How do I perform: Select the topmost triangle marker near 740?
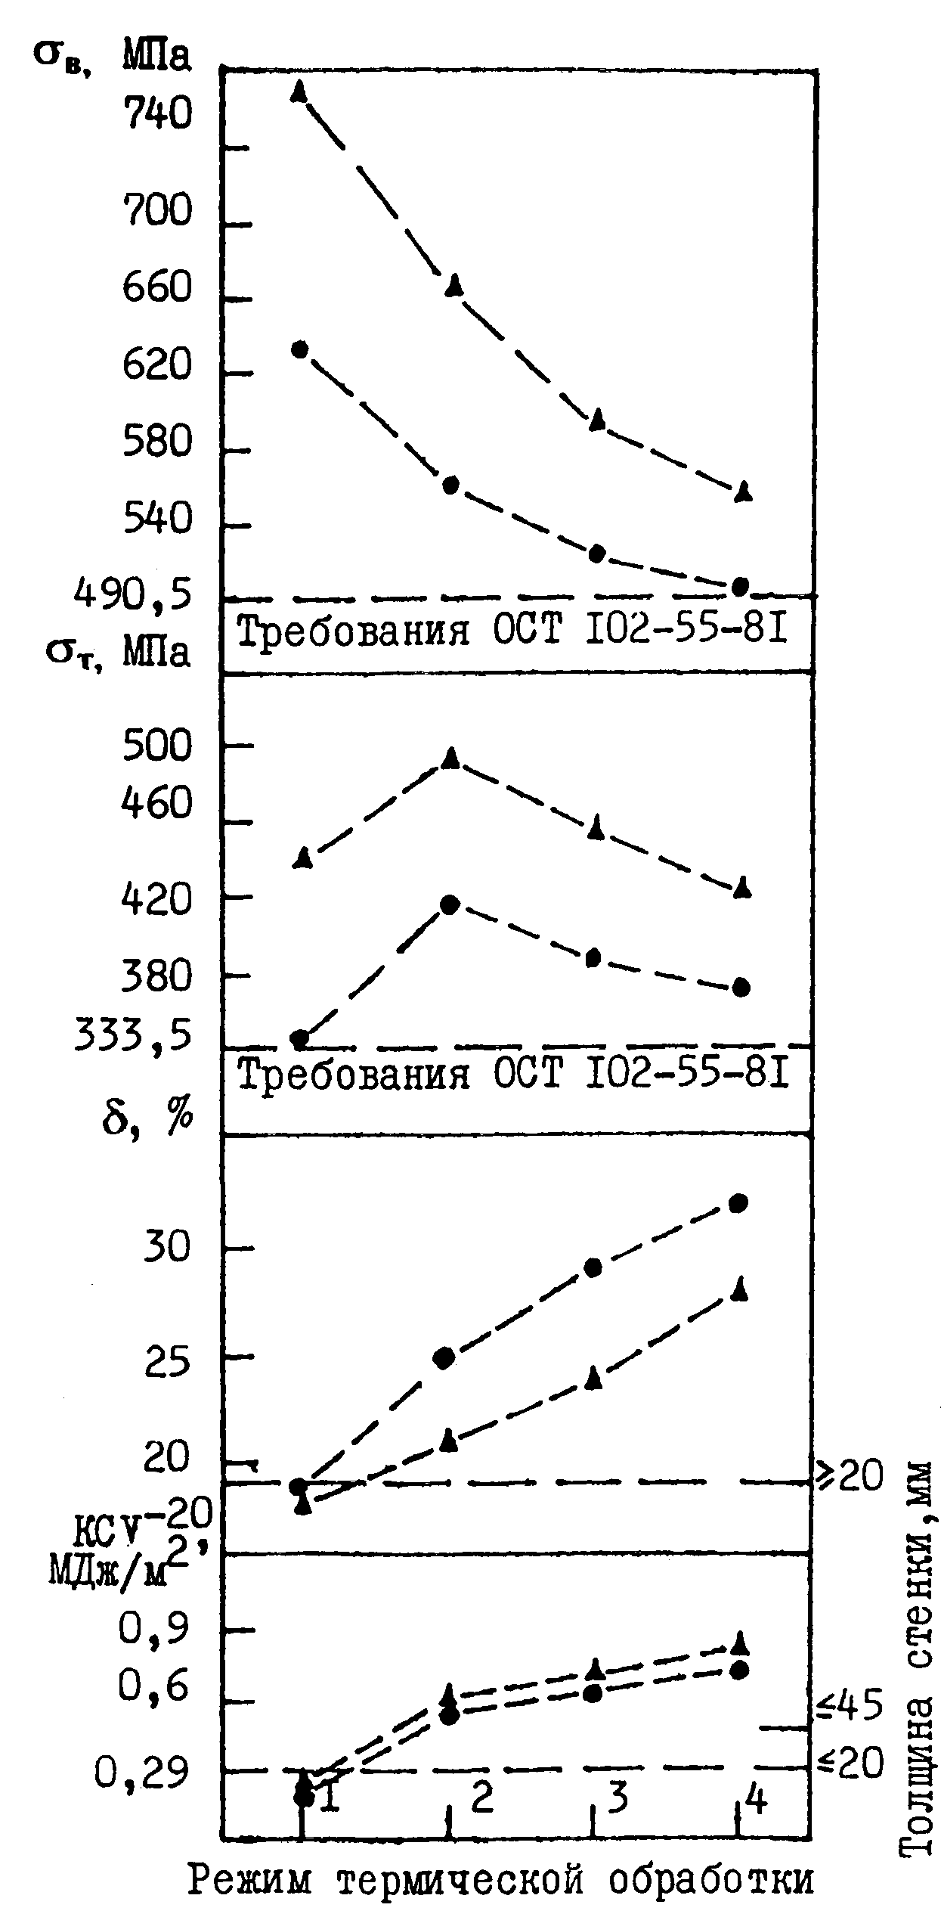click(299, 91)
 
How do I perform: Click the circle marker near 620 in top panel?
click(299, 349)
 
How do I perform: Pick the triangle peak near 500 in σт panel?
click(451, 757)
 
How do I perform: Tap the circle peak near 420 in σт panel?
click(450, 904)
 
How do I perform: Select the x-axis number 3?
click(618, 1797)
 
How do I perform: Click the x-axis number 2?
click(481, 1797)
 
